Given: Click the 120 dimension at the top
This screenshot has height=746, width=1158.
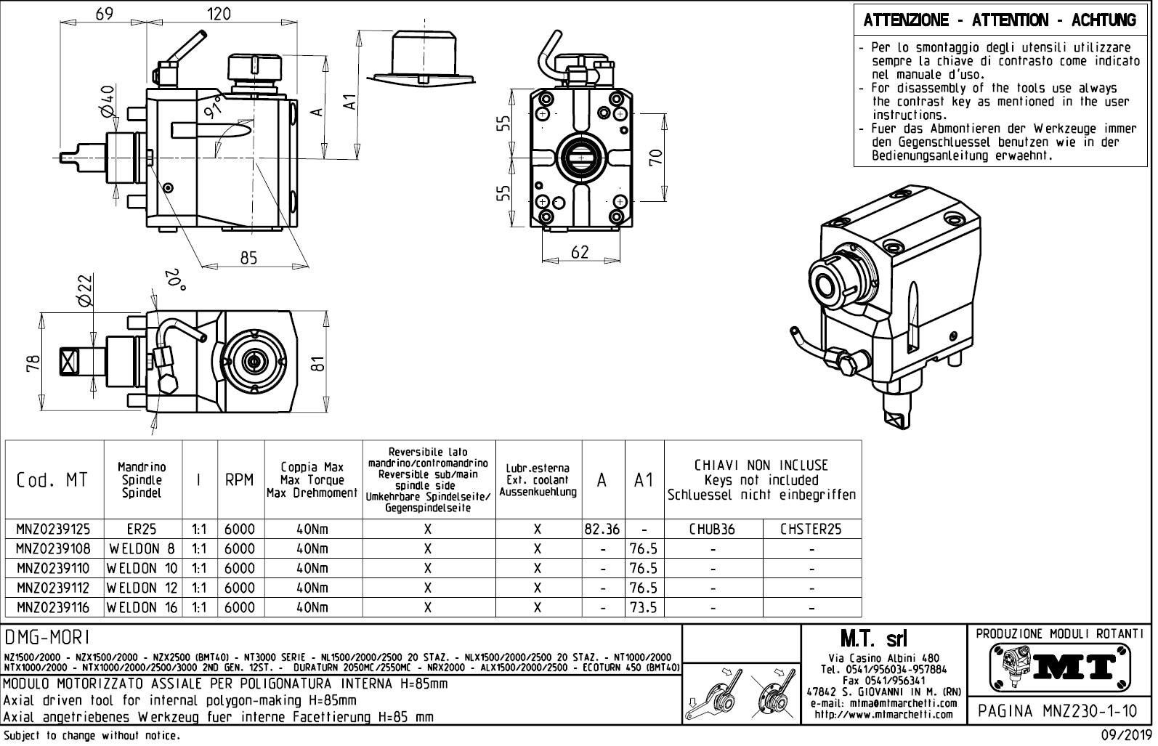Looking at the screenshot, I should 219,14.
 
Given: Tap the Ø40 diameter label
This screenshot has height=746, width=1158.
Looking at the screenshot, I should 107,101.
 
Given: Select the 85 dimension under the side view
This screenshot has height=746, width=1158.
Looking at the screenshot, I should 248,258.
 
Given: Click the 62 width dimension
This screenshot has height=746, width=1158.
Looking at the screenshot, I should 580,252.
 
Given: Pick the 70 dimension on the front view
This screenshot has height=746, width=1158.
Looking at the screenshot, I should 656,158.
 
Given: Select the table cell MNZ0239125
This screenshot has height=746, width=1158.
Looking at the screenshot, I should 54,530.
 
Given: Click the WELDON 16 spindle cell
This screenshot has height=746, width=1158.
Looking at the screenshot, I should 142,607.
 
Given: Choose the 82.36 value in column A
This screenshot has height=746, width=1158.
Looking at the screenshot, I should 602,530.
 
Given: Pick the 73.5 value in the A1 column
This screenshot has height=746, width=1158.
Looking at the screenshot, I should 644,607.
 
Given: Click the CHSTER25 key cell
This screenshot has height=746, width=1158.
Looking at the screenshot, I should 811,530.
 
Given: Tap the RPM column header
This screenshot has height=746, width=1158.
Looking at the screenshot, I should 240,480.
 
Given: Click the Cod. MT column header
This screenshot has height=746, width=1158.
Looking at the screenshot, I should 52,480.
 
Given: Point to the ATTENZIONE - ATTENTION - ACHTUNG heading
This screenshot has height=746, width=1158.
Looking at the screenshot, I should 1000,20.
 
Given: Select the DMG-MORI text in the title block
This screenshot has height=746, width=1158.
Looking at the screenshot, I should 47,638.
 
